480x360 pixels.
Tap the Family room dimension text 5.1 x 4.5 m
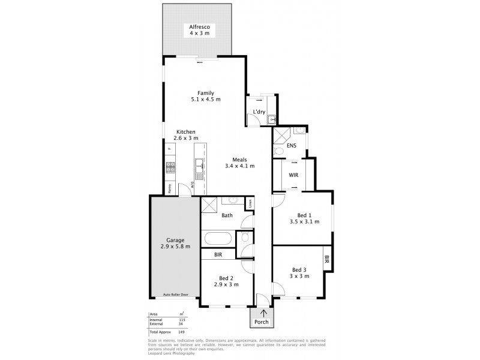206,100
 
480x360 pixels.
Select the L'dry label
259,112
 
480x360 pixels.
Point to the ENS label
292,145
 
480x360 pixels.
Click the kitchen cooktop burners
170,167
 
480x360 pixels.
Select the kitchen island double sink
199,162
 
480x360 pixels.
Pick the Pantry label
170,188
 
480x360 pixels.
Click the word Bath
227,215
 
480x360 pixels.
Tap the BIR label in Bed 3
326,260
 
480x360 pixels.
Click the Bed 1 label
304,215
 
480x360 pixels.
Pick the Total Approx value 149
182,332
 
